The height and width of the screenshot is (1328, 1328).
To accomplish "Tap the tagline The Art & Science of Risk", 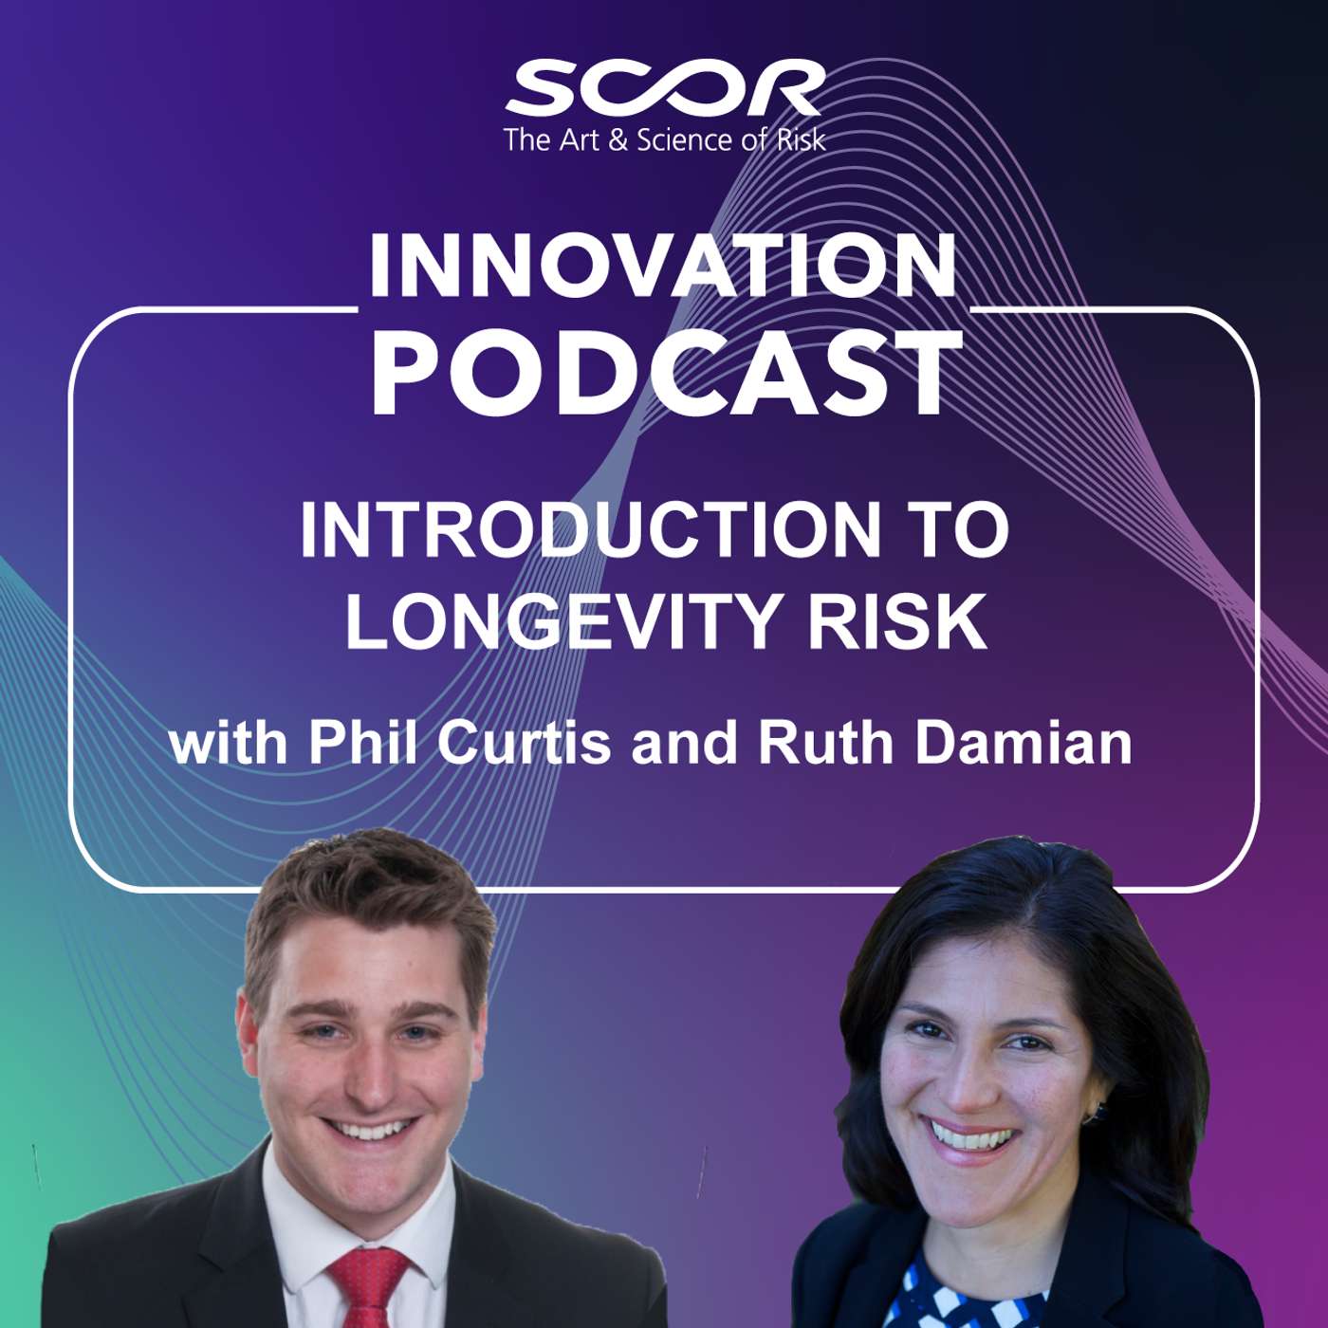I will (664, 140).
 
